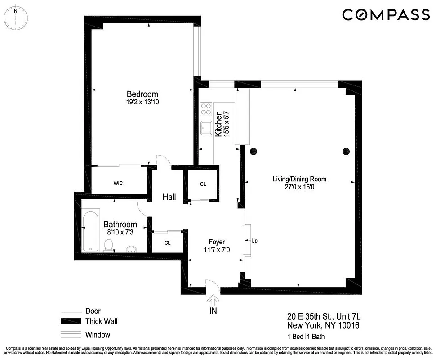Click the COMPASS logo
click(x=386, y=15)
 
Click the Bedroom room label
click(x=142, y=94)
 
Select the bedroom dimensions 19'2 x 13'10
click(x=142, y=102)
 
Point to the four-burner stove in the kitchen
click(x=206, y=109)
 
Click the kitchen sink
click(x=206, y=128)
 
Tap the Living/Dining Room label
click(x=299, y=179)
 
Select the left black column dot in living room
click(x=253, y=151)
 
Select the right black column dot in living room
click(x=346, y=151)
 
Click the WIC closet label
click(x=118, y=184)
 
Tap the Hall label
click(x=169, y=197)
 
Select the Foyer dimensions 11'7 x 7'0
click(x=217, y=250)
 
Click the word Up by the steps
click(x=254, y=240)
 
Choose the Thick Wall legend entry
click(x=101, y=321)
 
